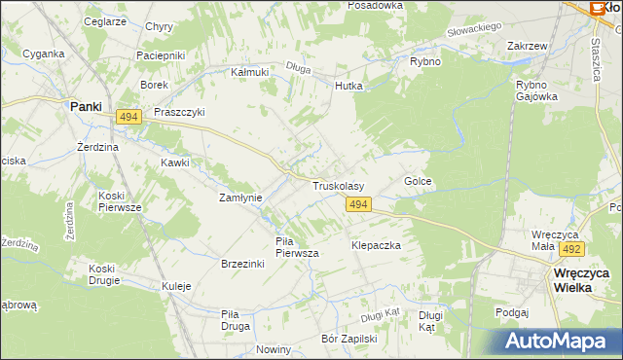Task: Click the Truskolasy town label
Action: click(x=338, y=185)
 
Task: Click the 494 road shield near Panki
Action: click(x=128, y=117)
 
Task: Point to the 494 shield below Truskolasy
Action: click(x=357, y=203)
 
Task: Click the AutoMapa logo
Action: click(x=561, y=342)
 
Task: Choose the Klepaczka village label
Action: click(x=376, y=246)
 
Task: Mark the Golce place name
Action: click(x=418, y=182)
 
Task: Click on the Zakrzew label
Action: click(x=525, y=46)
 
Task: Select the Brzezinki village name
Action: click(x=244, y=264)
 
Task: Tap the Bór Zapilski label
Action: click(x=348, y=340)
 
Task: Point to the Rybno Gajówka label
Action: click(x=536, y=90)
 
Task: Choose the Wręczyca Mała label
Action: click(x=557, y=240)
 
